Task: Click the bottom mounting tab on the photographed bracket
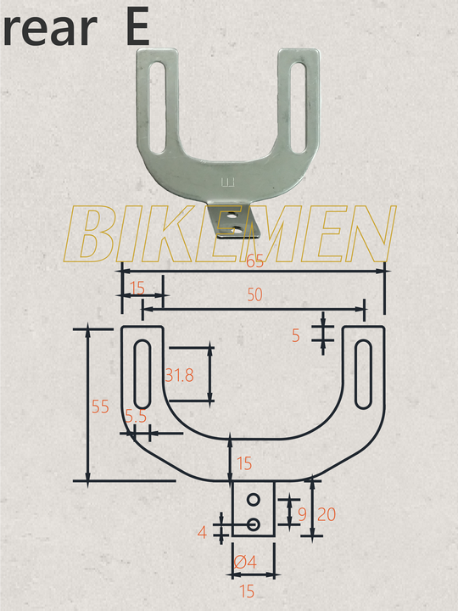233,222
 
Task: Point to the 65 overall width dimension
254,262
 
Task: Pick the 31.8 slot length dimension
179,374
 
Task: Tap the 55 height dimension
101,406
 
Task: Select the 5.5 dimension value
136,417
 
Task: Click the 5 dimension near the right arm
296,335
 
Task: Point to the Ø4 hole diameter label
244,561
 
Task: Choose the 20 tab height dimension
326,513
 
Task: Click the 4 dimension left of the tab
202,533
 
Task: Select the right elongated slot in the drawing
363,373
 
